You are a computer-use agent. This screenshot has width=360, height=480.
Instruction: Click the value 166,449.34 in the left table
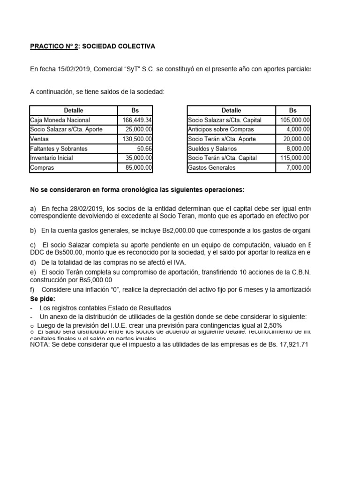click(137, 120)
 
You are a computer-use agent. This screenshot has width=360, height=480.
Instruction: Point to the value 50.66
click(143, 149)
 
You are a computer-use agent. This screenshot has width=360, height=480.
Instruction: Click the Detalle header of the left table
click(74, 111)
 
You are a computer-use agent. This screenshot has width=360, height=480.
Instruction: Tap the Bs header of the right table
click(293, 111)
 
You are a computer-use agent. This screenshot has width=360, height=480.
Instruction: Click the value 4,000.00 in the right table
click(298, 129)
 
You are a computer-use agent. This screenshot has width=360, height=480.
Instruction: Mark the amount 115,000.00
click(295, 158)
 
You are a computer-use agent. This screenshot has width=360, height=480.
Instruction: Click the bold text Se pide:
click(43, 299)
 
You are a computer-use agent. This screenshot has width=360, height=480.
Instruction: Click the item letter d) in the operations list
click(33, 262)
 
